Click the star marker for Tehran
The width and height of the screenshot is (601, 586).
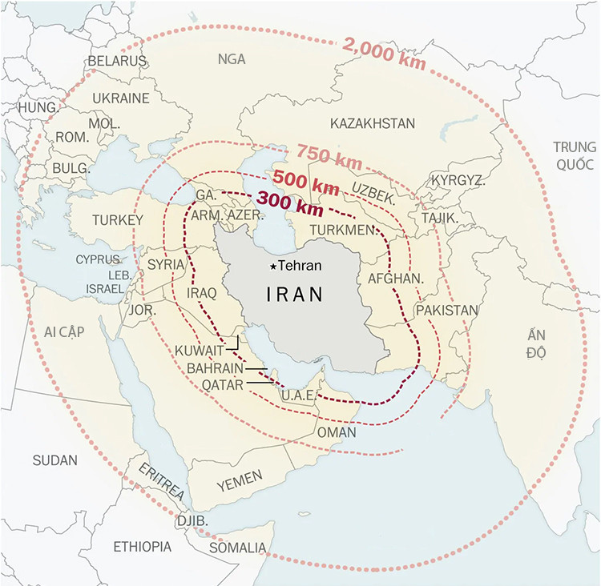coord(273,266)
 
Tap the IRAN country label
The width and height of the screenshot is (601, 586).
coord(294,295)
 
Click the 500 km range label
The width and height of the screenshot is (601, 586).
coord(306,182)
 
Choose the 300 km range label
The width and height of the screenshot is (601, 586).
coord(290,204)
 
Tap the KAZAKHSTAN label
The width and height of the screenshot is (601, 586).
coord(372,123)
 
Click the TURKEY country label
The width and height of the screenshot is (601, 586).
coord(117,220)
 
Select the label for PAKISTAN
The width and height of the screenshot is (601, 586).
coord(446,310)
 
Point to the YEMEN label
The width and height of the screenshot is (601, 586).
coord(239,480)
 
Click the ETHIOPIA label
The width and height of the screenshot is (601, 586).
coord(142,547)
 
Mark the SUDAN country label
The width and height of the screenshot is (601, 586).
coord(55,460)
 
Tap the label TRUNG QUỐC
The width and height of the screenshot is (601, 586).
coord(574,155)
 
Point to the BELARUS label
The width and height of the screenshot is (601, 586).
coord(117,61)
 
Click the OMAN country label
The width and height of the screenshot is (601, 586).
coord(337,431)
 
